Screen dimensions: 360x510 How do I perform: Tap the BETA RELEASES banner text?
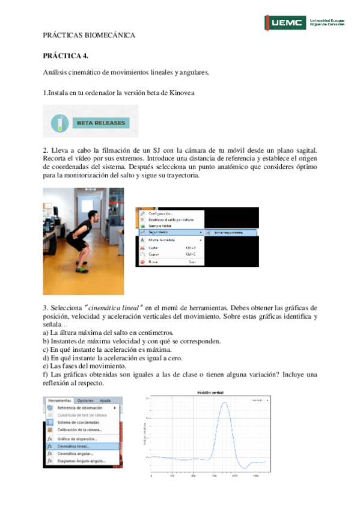101,123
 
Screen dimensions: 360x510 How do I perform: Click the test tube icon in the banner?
59,122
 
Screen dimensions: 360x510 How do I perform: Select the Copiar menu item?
155,254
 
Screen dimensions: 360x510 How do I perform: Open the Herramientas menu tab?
59,401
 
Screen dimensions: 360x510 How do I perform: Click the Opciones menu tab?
85,401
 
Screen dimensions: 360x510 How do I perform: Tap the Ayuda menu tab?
105,401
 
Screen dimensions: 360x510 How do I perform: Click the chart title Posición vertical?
210,393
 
